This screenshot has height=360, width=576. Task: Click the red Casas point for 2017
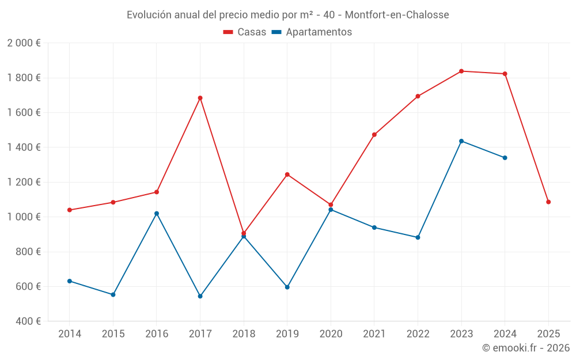[200, 98]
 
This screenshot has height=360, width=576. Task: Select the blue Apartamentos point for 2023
[461, 141]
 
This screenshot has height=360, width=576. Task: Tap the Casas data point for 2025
[548, 202]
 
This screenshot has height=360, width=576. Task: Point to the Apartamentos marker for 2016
[157, 214]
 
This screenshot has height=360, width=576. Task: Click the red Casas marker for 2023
[461, 71]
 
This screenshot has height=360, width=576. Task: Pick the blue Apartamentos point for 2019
[287, 287]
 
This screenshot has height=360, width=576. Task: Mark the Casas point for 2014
[70, 210]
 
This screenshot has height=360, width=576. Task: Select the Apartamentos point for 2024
[505, 158]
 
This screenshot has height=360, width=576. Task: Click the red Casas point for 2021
[374, 135]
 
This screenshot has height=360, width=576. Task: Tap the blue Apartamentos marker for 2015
[113, 295]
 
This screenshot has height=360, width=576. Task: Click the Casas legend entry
[245, 32]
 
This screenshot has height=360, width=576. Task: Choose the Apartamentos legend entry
[312, 32]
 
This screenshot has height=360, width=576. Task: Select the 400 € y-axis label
[27, 321]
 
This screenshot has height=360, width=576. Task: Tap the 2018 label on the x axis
[244, 334]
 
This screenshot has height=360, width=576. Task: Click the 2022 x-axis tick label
[418, 334]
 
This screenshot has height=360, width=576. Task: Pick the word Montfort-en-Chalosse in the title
[397, 15]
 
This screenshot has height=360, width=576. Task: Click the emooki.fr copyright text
[526, 348]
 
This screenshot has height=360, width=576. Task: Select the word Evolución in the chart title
[149, 15]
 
